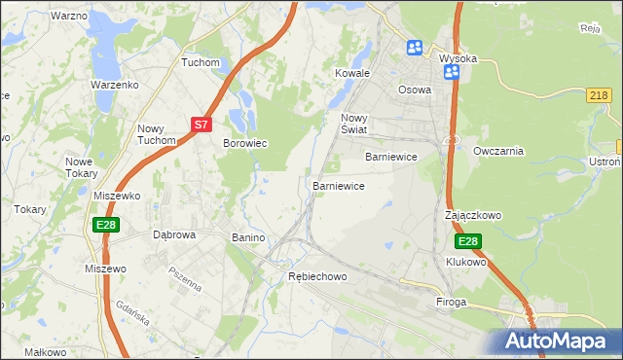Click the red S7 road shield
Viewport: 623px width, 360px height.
[x=201, y=125]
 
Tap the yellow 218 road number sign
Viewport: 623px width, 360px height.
[x=600, y=94]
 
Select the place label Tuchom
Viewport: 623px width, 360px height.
[x=201, y=62]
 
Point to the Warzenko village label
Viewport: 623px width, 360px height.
[x=116, y=85]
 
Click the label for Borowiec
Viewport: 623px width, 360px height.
[x=245, y=143]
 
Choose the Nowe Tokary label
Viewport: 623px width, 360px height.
[x=81, y=167]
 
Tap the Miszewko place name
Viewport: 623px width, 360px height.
[x=118, y=196]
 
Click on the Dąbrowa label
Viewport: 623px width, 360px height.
[x=175, y=234]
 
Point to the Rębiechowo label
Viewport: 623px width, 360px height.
[x=317, y=276]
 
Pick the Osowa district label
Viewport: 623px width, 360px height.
[x=415, y=89]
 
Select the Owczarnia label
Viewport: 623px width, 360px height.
[x=498, y=151]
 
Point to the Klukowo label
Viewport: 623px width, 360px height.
[x=465, y=262]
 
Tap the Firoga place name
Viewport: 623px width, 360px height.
[x=452, y=303]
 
